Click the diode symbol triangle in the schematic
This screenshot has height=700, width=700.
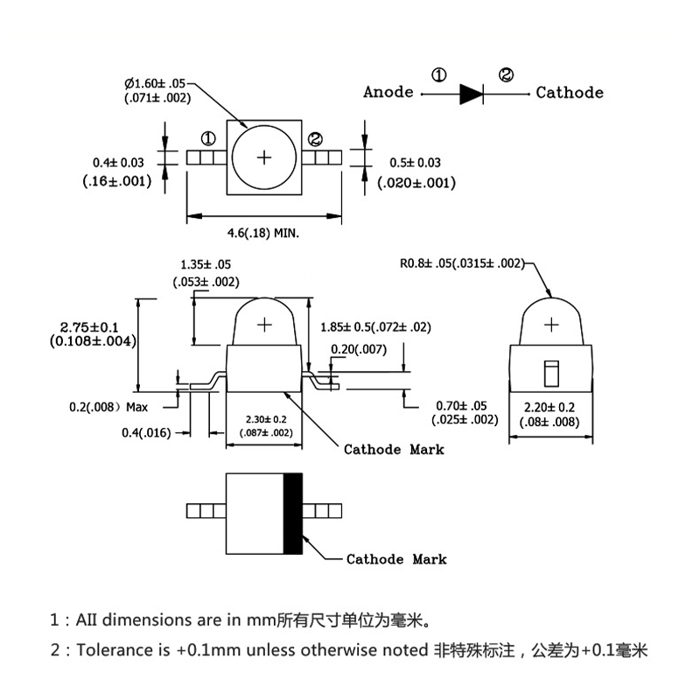point(472,93)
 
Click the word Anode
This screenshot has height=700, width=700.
point(388,93)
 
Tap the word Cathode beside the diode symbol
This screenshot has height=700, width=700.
point(570,93)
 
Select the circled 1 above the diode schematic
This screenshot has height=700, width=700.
point(439,75)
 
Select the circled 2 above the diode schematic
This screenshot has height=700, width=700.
point(506,75)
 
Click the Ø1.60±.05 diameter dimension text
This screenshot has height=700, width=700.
point(157,83)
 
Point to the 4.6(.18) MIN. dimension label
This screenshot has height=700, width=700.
point(264,234)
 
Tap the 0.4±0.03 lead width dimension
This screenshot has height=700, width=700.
point(118,163)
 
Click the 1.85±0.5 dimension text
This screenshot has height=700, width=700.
point(375,327)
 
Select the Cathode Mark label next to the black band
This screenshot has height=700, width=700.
point(396,559)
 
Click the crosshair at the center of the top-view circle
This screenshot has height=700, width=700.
point(263,157)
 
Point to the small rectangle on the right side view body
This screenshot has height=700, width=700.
point(551,373)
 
